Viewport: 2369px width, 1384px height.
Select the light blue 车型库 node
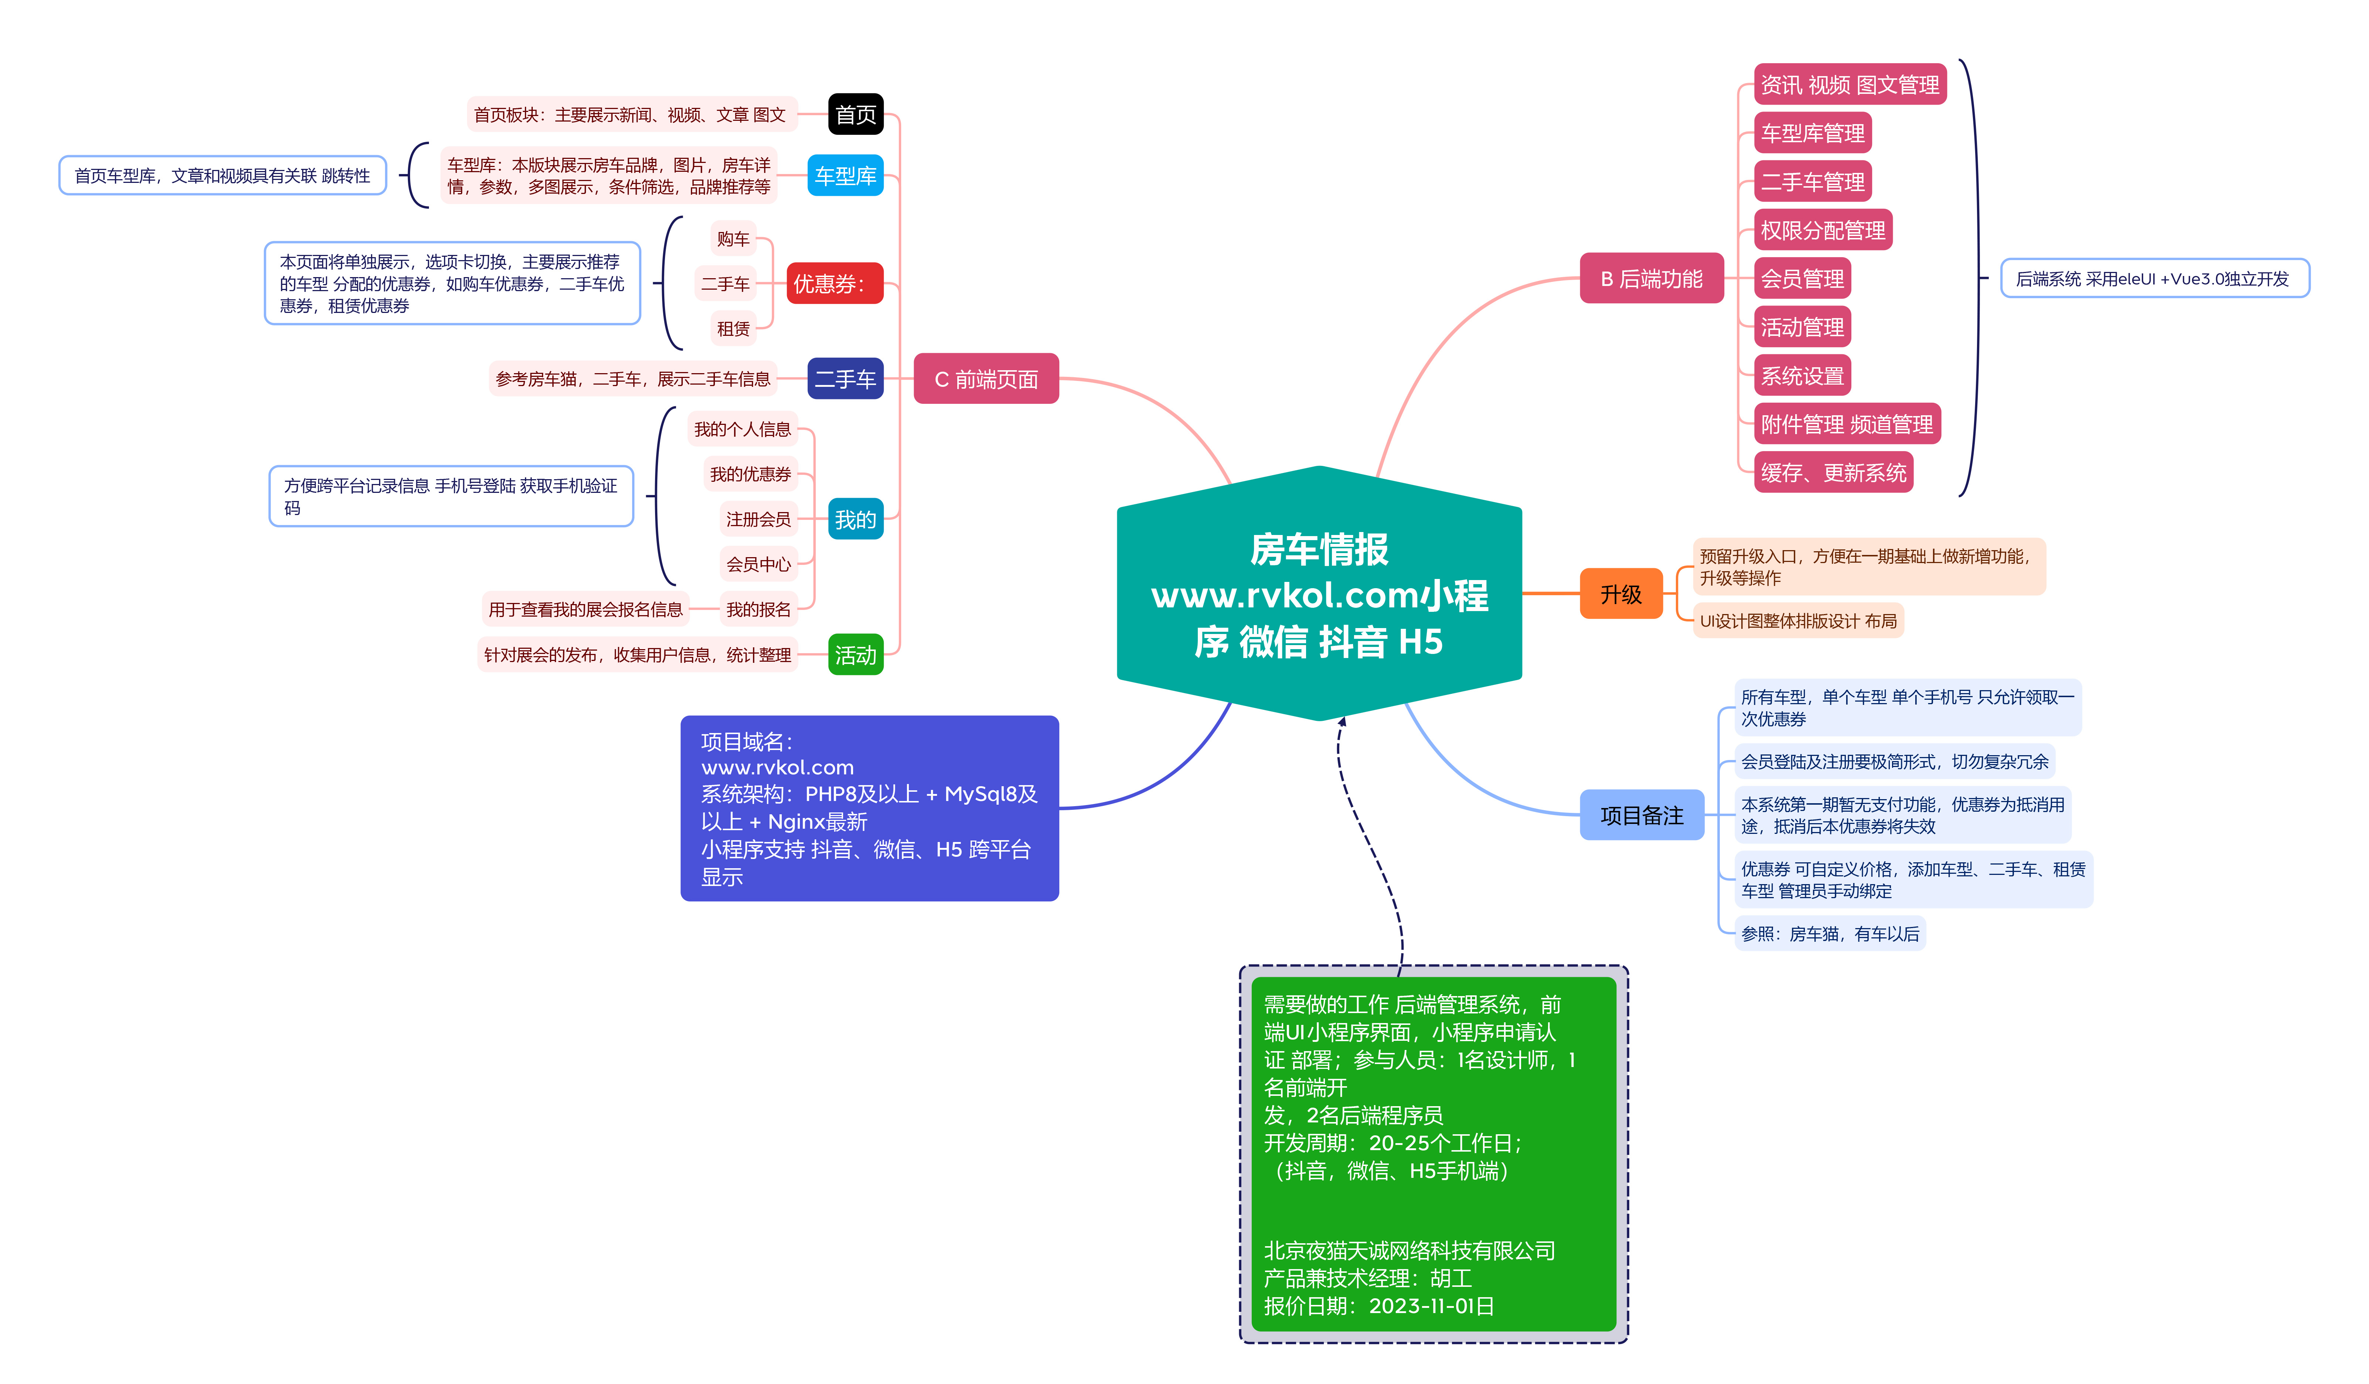coord(845,176)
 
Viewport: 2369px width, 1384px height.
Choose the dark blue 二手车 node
coord(845,379)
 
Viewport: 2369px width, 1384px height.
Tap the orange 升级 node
coord(1621,594)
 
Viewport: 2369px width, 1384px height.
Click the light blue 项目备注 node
coord(1642,815)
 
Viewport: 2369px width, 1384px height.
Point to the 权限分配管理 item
coord(1822,230)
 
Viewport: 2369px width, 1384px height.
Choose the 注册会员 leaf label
coord(758,519)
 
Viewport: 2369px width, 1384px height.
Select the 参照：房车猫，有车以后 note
coord(1829,934)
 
